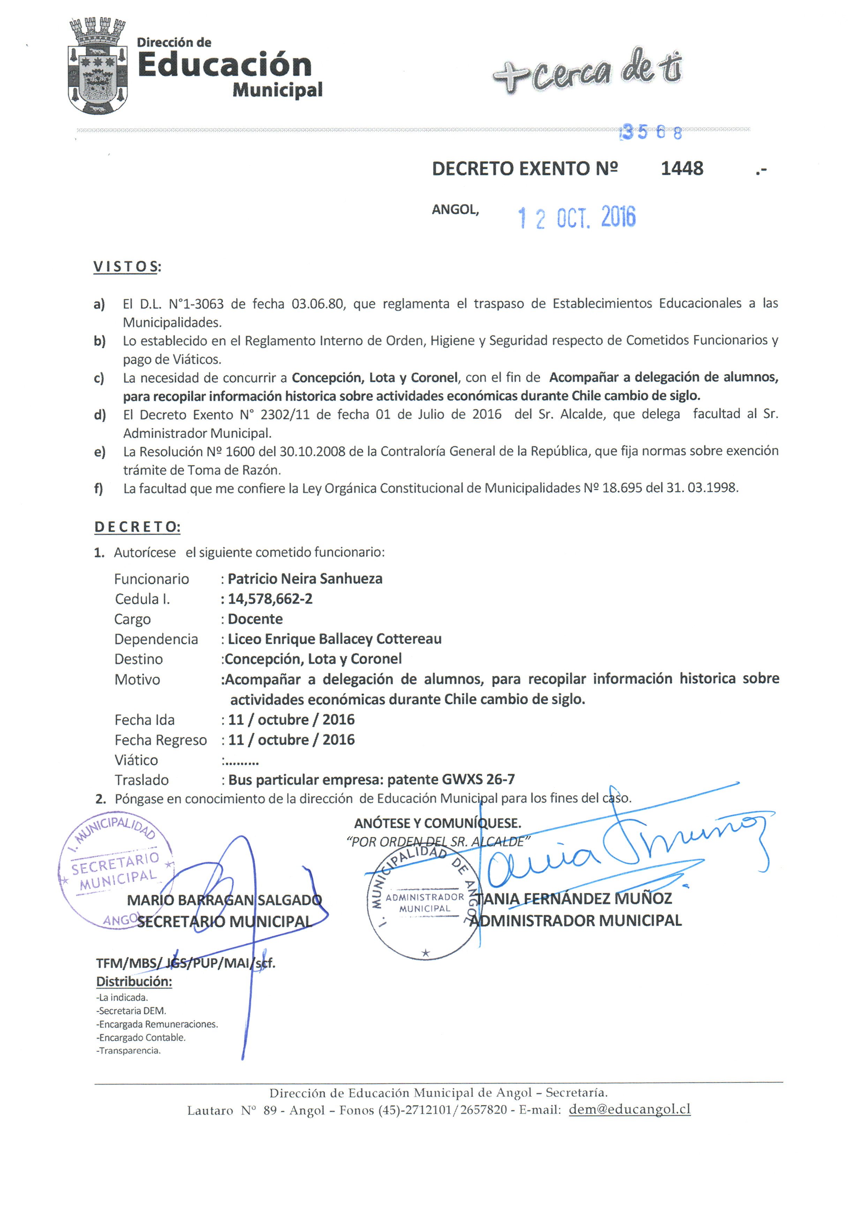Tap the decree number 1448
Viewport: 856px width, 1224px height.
(682, 168)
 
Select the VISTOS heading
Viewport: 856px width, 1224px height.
(126, 266)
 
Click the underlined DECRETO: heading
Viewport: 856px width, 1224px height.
(137, 527)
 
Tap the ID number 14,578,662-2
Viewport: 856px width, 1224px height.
(270, 599)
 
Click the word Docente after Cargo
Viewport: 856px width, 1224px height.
(255, 619)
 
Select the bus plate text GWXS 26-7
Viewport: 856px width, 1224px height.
(478, 779)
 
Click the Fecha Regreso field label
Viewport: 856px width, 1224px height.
(160, 740)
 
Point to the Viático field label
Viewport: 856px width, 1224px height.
(136, 760)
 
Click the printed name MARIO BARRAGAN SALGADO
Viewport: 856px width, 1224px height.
(224, 900)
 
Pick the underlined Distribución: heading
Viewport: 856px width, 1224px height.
(134, 981)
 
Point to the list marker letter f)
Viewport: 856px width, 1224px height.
(99, 488)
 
